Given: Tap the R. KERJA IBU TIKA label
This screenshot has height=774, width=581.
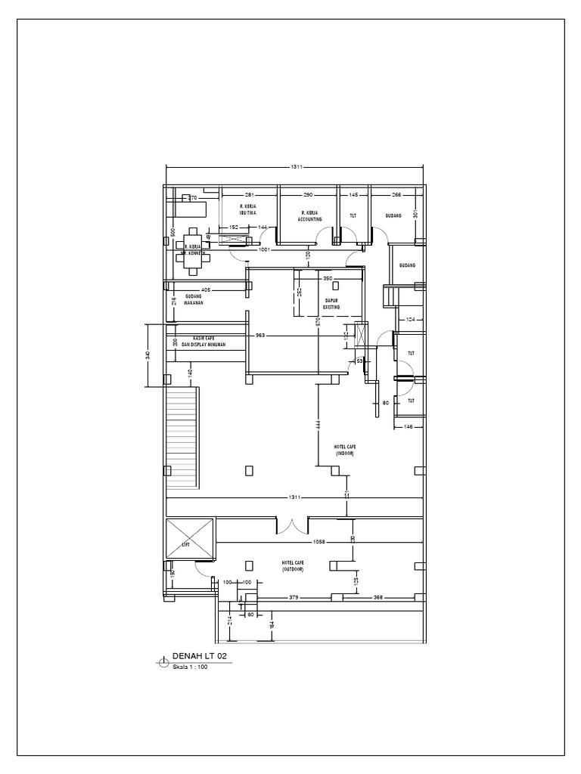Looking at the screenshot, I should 249,209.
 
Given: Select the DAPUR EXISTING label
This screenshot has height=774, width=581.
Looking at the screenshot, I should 331,305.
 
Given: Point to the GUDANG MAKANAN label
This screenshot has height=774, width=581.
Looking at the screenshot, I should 194,299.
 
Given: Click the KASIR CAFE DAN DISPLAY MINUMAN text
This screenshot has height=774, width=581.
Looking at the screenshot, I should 209,341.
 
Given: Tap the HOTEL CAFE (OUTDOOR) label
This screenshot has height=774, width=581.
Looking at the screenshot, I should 292,567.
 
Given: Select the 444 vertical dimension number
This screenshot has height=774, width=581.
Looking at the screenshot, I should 318,427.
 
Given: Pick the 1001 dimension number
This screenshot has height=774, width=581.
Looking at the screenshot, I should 265,249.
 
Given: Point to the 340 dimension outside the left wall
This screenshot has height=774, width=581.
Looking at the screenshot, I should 149,354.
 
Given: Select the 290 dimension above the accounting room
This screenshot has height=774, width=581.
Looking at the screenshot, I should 309,195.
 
